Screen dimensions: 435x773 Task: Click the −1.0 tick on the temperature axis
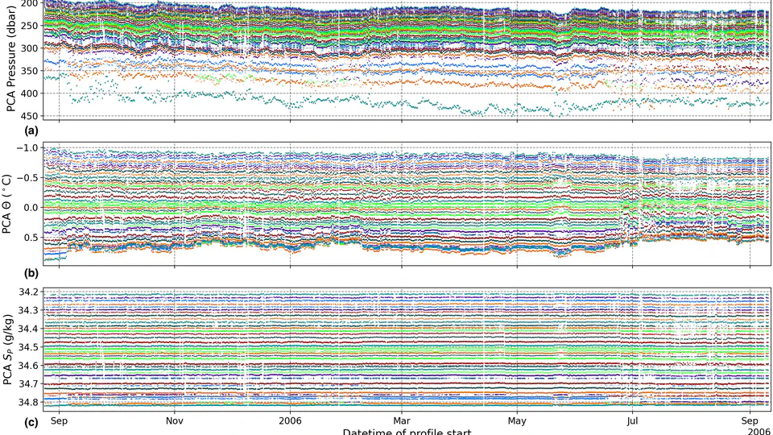point(27,148)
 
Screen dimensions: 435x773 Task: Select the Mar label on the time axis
point(403,420)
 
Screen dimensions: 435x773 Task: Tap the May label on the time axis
point(518,420)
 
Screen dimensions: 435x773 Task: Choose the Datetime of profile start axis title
point(403,432)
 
